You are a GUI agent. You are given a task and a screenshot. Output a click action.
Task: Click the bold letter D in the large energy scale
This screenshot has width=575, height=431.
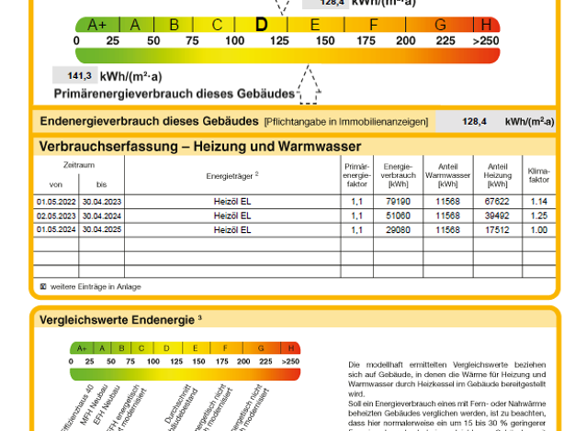(261, 25)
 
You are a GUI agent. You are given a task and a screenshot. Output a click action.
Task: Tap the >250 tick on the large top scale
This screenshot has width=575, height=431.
(486, 40)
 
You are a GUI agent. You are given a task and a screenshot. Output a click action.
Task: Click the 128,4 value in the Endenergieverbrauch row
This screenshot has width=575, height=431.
(474, 121)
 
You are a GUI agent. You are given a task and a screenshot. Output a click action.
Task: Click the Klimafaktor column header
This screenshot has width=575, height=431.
(538, 174)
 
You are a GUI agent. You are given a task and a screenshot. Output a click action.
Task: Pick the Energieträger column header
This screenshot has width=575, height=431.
(231, 174)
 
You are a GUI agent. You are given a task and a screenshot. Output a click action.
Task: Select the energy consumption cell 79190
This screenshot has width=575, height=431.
(398, 201)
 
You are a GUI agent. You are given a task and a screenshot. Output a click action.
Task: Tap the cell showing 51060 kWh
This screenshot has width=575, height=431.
(398, 215)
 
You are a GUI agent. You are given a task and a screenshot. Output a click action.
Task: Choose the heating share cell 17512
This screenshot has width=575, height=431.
(496, 229)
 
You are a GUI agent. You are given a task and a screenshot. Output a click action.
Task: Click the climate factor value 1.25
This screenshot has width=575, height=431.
(538, 215)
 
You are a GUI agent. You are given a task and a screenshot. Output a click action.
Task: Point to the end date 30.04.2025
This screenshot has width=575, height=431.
(101, 229)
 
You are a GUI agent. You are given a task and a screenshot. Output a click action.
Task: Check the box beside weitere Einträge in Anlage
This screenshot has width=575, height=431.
(43, 286)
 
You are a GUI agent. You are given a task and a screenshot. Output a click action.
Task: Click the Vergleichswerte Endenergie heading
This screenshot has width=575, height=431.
(115, 320)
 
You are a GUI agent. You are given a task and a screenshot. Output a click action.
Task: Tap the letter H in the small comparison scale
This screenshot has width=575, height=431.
(290, 348)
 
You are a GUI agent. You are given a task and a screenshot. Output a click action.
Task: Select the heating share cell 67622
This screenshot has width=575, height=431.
(496, 201)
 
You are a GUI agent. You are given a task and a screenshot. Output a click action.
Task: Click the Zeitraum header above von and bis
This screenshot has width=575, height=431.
(78, 164)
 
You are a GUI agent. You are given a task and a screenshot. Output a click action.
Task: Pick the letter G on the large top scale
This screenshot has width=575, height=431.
(440, 25)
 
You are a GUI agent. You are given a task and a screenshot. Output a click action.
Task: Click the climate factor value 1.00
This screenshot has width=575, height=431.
(538, 229)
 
